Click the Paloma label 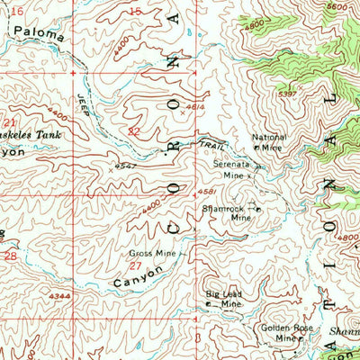pos(40,36)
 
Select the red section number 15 pos(135,11)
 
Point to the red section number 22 pos(134,131)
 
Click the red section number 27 pos(134,265)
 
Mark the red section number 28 pos(11,256)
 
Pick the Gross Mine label pos(153,254)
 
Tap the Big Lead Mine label pos(224,300)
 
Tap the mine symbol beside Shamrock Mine pos(257,209)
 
